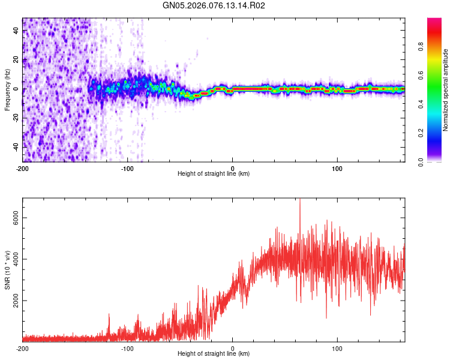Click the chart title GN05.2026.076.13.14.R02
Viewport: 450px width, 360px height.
tap(214, 5)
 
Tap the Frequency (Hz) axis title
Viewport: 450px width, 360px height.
tap(7, 90)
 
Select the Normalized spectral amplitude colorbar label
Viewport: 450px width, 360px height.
tap(446, 90)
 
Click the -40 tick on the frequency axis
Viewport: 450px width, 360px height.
tap(15, 146)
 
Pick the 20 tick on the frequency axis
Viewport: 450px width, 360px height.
tap(16, 60)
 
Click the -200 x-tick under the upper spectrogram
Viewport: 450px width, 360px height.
tap(23, 167)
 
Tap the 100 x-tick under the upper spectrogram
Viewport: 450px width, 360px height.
tap(337, 167)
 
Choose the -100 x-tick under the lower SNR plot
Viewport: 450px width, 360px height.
tap(127, 347)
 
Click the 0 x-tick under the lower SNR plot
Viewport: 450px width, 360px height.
tap(233, 347)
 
